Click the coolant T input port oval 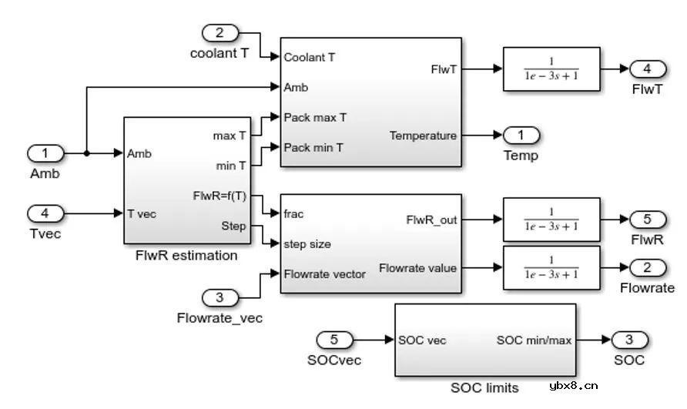pos(220,32)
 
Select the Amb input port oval pos(46,153)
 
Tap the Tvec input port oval pos(46,213)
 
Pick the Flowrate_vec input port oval pos(220,297)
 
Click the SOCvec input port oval pos(335,339)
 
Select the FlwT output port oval pos(648,69)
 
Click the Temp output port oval pos(521,136)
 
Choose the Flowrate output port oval pos(648,267)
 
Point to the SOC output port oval pos(629,339)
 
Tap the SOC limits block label pos(484,387)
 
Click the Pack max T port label pos(315,118)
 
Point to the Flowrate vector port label pos(324,273)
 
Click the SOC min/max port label pos(534,340)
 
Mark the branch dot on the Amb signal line pos(86,153)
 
